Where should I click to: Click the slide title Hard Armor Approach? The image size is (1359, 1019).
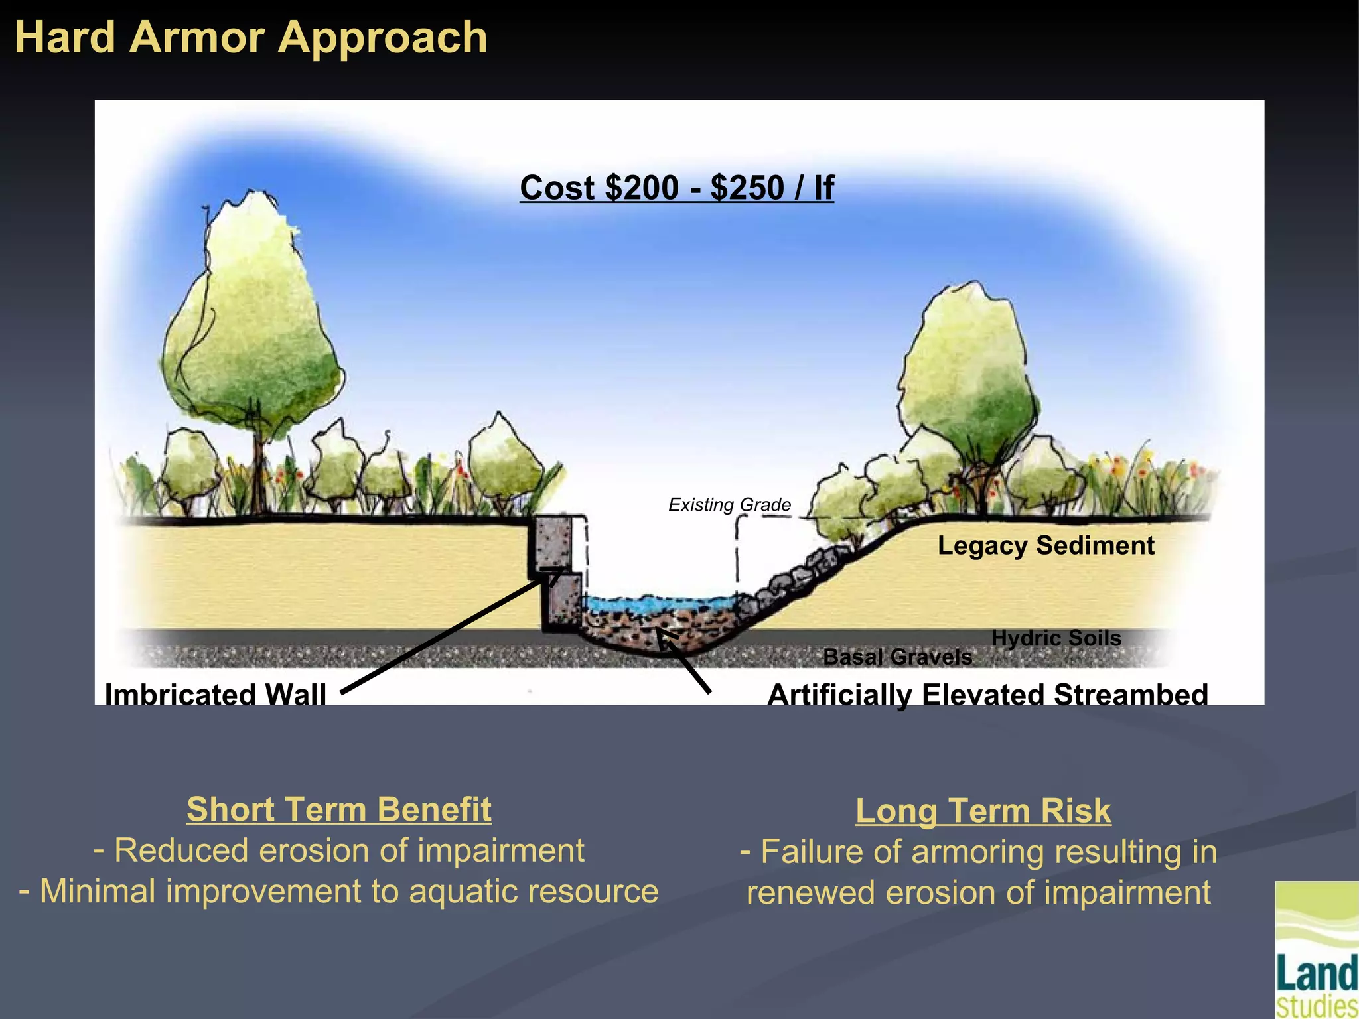coord(251,37)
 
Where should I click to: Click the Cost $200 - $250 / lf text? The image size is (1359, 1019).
coord(676,188)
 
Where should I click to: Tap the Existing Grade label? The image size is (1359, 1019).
coord(729,505)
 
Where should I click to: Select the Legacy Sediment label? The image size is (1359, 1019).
coord(1045,545)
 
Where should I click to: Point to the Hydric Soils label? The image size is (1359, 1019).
coord(1056,638)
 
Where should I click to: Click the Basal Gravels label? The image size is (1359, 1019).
coord(897,657)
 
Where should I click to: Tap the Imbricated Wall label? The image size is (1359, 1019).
coord(216,694)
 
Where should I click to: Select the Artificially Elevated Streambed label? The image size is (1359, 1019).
coord(987,695)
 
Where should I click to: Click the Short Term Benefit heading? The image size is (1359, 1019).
coord(339,809)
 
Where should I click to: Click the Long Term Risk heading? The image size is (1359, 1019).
coord(983,811)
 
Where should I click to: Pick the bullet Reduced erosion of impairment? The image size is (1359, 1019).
coord(339,850)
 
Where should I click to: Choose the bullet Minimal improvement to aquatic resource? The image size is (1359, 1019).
coord(339,891)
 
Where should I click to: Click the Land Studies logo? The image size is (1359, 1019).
coord(1317,950)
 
